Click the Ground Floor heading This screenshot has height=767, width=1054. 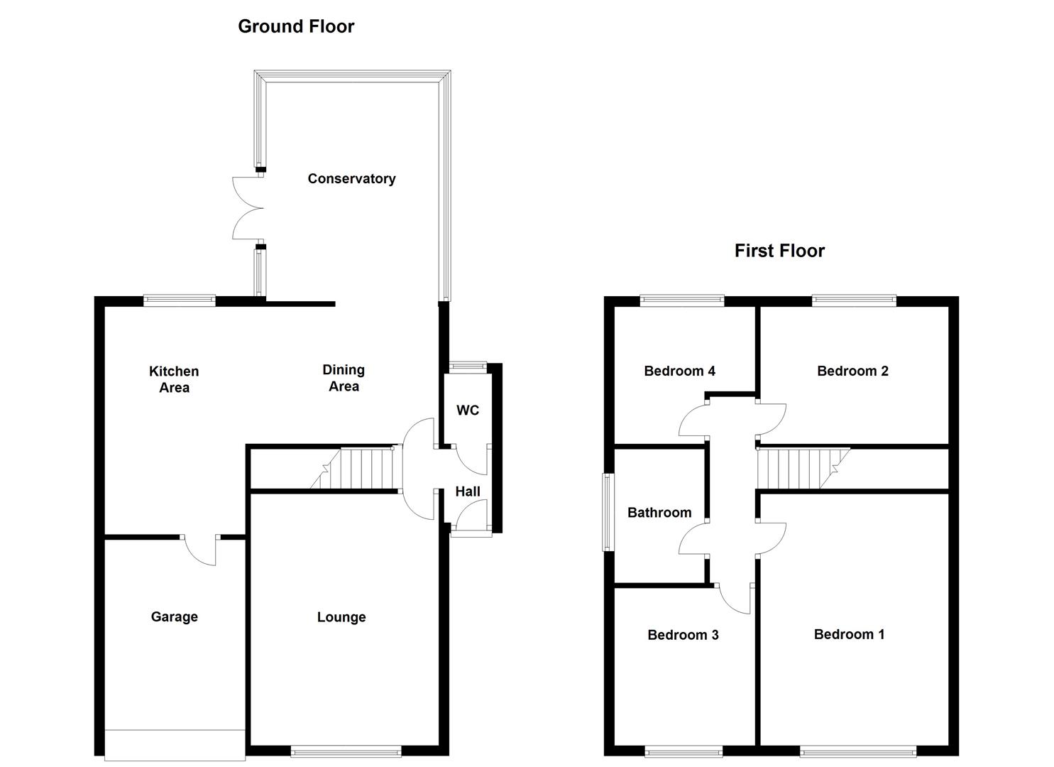pos(296,26)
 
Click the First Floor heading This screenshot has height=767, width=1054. pos(779,251)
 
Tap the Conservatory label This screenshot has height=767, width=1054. pos(351,179)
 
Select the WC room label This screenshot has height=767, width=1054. pos(467,410)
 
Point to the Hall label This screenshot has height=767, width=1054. pos(467,491)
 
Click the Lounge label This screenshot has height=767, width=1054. pos(341,617)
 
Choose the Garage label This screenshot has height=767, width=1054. pos(174,617)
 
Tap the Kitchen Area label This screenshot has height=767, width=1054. pos(174,379)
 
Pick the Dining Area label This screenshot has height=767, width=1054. pos(344,378)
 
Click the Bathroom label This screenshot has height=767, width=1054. pos(659,512)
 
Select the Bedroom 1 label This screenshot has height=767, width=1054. pos(849,634)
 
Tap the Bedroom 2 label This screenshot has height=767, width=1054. pos(852,371)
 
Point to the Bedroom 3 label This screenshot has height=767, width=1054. pos(683,635)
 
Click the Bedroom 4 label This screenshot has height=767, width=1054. pos(679,371)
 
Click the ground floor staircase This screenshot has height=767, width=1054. pos(351,468)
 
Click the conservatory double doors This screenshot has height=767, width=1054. pos(248,208)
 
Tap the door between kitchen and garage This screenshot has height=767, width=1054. pos(201,550)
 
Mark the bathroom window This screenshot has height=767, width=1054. pos(608,512)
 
